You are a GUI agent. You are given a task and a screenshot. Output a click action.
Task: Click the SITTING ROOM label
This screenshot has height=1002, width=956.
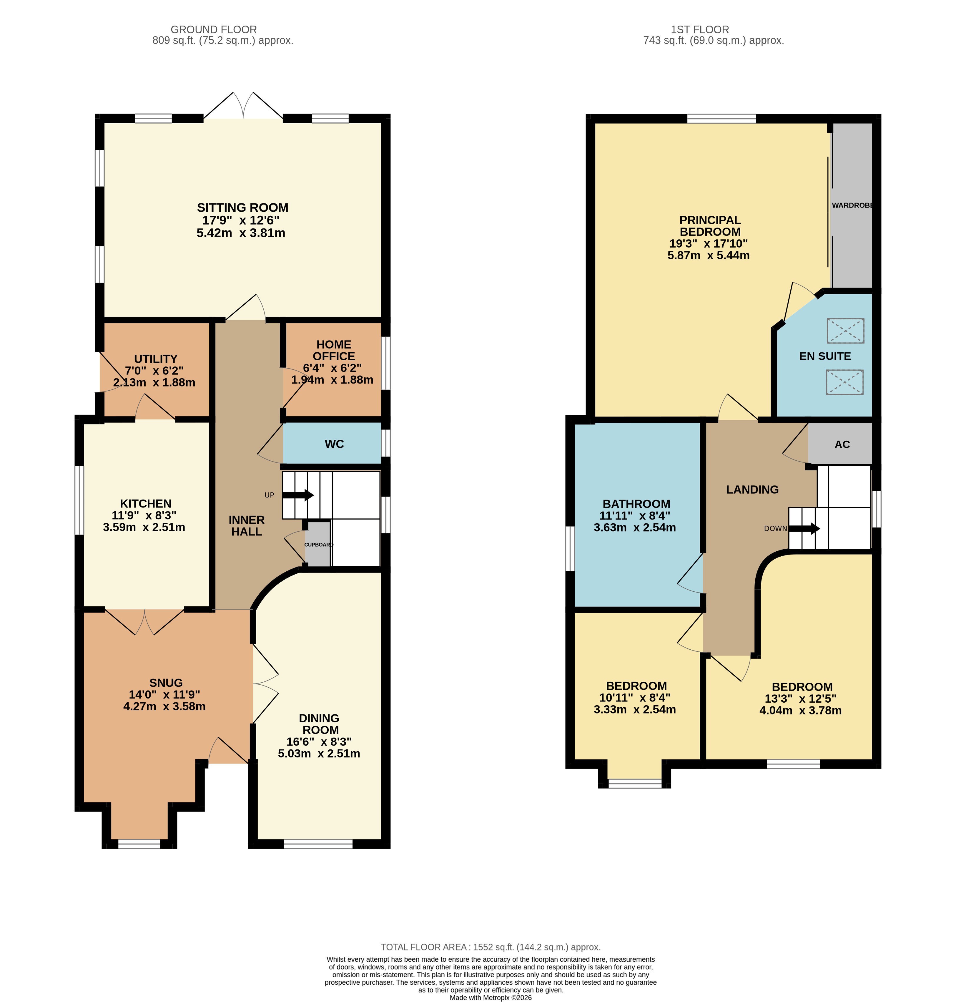click(242, 208)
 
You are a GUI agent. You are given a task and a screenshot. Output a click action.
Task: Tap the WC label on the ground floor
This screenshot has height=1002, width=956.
click(334, 444)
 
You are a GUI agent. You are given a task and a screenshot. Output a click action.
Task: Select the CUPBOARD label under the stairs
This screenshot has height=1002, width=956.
click(318, 544)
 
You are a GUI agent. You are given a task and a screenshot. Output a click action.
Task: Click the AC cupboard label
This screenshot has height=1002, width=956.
click(842, 444)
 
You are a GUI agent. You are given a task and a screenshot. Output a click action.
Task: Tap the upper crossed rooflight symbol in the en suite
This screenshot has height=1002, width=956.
click(845, 330)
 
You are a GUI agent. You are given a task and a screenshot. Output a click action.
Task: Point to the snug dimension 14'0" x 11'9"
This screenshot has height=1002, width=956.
click(164, 694)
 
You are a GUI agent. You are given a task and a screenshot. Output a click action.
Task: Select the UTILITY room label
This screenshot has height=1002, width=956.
click(155, 359)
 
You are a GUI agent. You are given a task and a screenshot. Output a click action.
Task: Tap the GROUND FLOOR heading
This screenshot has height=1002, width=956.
click(214, 29)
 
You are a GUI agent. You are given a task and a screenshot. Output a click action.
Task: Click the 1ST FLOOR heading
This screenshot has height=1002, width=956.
click(700, 29)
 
